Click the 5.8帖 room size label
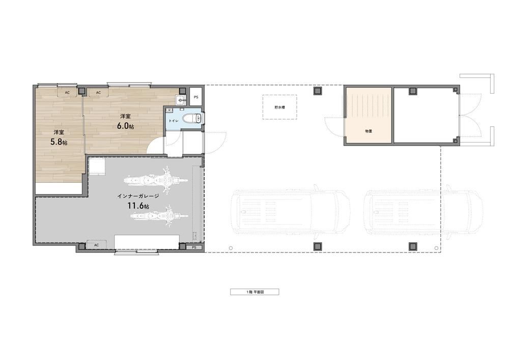coord(59,142)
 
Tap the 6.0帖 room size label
coord(125,126)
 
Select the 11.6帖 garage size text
coord(138,206)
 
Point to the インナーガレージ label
coord(138,196)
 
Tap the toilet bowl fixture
coord(192,118)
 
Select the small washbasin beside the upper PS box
coord(180,100)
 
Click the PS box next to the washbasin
coord(196,97)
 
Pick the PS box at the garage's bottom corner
coord(194,247)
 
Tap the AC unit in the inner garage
coord(96,245)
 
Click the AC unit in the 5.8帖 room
coord(67,93)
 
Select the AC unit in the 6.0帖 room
coord(98,93)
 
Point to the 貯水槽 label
coord(279,107)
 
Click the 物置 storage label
coord(369,131)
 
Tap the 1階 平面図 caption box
coord(254,292)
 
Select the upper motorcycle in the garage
coord(156,180)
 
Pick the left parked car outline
coord(291,212)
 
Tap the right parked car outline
coord(423,212)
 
